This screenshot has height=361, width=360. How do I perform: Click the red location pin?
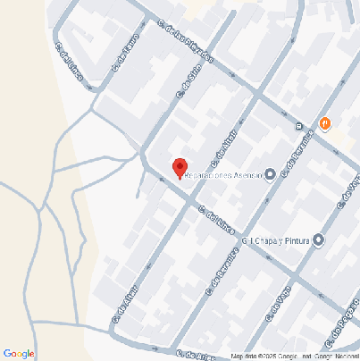point(180,167)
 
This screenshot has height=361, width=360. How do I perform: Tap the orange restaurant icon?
point(324,124)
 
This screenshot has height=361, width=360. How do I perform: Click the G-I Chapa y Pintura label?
point(280,240)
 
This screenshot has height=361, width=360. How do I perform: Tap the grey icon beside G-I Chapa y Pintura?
point(318,240)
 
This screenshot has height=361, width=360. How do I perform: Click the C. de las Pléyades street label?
point(186,43)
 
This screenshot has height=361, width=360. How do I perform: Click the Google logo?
point(19,354)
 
